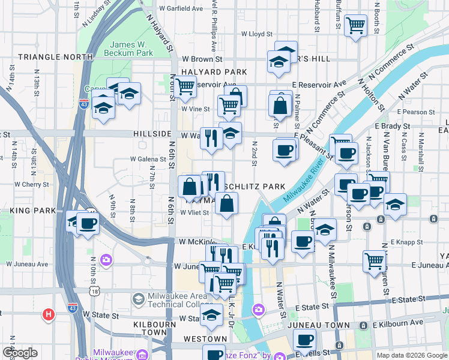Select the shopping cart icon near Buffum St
(x=356, y=25)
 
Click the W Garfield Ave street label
(x=181, y=9)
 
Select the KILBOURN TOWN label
(x=141, y=327)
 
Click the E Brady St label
(x=392, y=127)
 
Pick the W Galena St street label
(x=148, y=160)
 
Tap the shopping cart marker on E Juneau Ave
(x=373, y=260)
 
